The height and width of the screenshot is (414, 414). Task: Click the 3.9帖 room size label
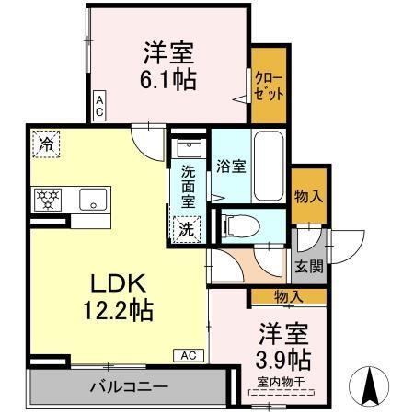click(282, 357)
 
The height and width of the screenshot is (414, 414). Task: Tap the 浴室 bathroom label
click(231, 167)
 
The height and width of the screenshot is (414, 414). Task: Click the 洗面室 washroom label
click(187, 184)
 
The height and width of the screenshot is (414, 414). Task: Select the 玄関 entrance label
click(308, 268)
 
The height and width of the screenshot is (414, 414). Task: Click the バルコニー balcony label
click(128, 386)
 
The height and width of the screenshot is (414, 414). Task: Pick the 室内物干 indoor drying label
click(282, 380)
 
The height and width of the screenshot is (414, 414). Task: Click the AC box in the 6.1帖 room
click(98, 103)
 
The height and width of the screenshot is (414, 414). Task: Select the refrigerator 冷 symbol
click(46, 143)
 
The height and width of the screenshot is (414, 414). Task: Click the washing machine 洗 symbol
click(187, 229)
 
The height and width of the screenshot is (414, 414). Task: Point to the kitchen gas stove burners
click(46, 198)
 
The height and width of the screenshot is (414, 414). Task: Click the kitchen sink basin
click(93, 199)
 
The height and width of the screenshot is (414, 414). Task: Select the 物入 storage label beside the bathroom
click(308, 196)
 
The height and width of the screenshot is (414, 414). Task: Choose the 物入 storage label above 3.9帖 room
click(288, 296)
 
